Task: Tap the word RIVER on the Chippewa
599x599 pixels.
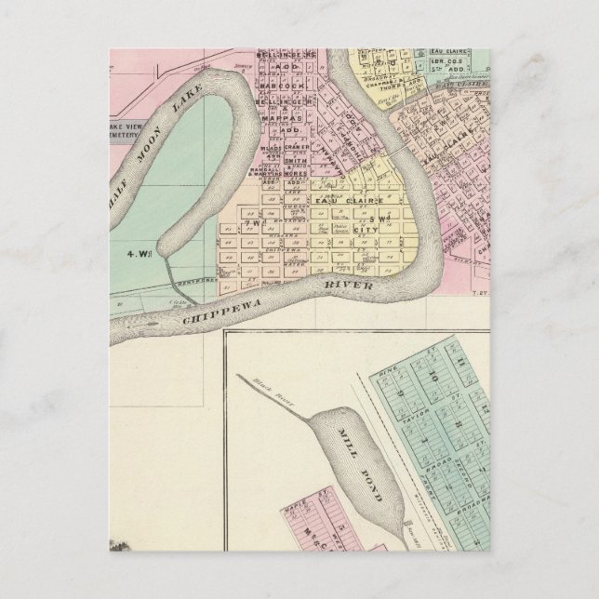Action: coord(348,289)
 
